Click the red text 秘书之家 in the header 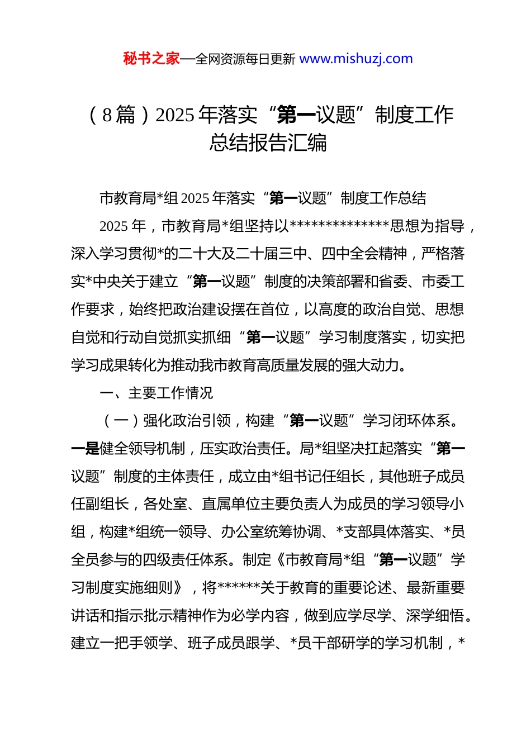(x=151, y=59)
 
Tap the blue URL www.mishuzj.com (x=356, y=59)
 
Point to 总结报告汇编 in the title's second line (x=268, y=143)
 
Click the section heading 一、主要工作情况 (x=157, y=393)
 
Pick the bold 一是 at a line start (x=85, y=449)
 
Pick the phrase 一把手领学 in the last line (x=121, y=643)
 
